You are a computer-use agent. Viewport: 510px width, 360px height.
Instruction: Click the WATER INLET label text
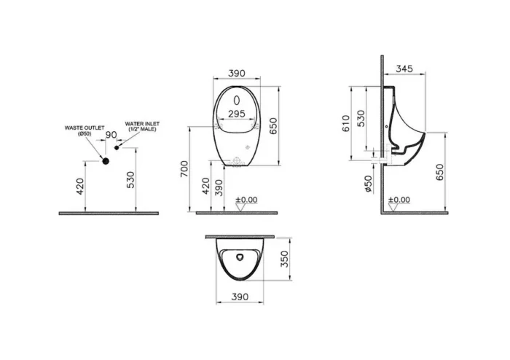click(x=141, y=127)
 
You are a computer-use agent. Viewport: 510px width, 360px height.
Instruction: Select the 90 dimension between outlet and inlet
click(x=111, y=136)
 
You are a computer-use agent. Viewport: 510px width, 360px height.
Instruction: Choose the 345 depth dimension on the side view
click(x=407, y=69)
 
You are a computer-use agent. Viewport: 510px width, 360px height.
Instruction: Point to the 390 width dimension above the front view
click(x=237, y=74)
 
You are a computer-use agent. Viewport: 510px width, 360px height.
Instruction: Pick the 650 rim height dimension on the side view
click(x=439, y=173)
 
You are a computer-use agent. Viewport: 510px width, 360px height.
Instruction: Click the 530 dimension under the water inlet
click(x=130, y=180)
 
